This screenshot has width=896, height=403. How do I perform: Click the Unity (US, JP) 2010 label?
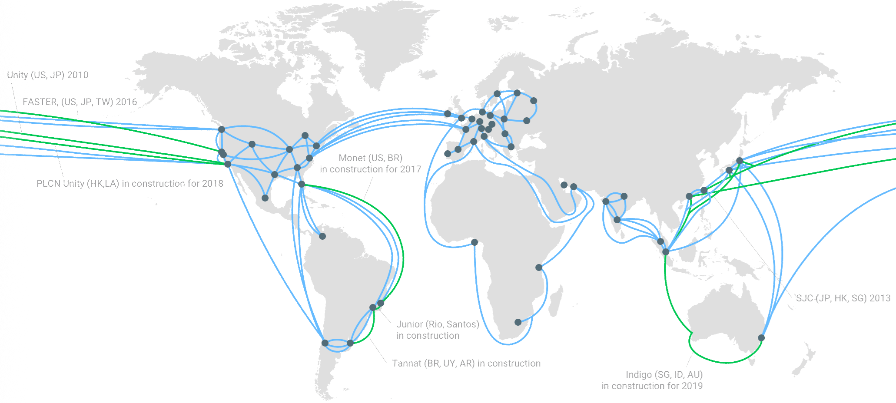(x=48, y=75)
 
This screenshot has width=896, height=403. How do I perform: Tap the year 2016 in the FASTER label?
(x=126, y=102)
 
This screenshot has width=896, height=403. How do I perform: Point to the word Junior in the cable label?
(x=409, y=324)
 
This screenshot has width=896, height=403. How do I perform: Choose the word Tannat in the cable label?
(x=407, y=363)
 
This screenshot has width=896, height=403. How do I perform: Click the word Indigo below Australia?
(x=639, y=374)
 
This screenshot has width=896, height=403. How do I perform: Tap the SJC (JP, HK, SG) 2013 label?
(x=843, y=298)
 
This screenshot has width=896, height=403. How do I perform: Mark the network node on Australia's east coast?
(x=761, y=337)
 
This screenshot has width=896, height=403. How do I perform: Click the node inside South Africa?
(x=518, y=322)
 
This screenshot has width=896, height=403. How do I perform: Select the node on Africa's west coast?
(x=475, y=242)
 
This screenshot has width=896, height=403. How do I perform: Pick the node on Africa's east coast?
(x=539, y=267)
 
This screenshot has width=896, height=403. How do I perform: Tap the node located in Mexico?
(x=265, y=198)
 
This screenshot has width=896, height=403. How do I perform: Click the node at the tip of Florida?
(x=302, y=184)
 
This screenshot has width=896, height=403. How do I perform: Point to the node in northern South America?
(x=322, y=236)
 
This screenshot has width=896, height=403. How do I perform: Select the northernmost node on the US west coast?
(x=222, y=129)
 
